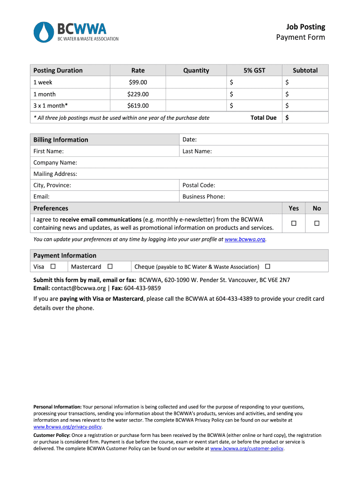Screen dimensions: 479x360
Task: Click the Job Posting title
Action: click(306, 27)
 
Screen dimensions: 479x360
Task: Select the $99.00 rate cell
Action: click(138, 82)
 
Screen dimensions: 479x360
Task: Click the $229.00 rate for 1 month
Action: click(138, 94)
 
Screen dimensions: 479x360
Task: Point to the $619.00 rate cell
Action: click(138, 106)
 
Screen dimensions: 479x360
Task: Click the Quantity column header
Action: click(196, 70)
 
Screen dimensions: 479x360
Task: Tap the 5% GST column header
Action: click(254, 70)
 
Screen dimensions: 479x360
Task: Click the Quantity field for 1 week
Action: click(196, 82)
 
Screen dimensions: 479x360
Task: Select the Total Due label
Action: click(263, 117)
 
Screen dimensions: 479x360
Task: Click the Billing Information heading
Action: click(61, 139)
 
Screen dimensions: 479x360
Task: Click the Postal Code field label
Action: click(199, 185)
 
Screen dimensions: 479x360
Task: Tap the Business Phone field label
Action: click(203, 196)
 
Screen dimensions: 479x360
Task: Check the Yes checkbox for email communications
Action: click(294, 224)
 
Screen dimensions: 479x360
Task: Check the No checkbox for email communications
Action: click(317, 224)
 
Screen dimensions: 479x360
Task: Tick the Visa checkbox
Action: click(53, 266)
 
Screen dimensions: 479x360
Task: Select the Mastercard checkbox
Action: click(110, 266)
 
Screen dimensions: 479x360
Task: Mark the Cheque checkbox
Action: click(267, 266)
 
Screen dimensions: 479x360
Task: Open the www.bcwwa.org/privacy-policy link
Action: click(67, 427)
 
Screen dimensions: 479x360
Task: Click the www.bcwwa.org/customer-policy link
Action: click(247, 448)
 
